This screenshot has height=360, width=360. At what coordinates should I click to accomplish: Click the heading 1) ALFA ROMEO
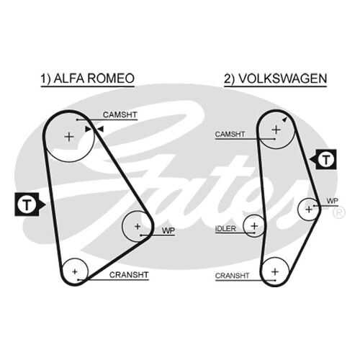(x=87, y=78)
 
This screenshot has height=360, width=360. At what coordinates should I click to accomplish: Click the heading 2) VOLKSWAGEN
(x=276, y=78)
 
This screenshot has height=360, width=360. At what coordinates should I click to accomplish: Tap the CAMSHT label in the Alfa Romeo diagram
(x=120, y=114)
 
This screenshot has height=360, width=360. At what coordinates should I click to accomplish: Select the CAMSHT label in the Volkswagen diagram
(x=230, y=134)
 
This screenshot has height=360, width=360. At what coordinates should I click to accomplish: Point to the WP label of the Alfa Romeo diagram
(x=168, y=230)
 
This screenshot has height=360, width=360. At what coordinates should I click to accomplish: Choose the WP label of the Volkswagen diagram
(x=333, y=201)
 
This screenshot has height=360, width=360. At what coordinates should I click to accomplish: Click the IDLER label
(x=225, y=228)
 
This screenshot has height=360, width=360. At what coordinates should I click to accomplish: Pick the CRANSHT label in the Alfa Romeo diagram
(x=129, y=275)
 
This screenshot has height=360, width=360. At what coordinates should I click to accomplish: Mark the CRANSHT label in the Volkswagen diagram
(x=232, y=276)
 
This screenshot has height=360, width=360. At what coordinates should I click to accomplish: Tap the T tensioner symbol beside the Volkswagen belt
(x=323, y=159)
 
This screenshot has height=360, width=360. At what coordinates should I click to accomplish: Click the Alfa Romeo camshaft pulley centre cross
(x=69, y=137)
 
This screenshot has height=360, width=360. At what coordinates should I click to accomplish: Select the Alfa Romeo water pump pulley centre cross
(x=138, y=226)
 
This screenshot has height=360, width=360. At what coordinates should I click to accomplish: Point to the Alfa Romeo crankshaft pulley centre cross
(x=75, y=271)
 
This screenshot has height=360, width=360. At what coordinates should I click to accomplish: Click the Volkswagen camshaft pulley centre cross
(x=276, y=130)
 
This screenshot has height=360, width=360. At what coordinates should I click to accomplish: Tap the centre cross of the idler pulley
(x=254, y=226)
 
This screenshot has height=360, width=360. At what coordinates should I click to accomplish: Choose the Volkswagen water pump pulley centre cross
(x=309, y=210)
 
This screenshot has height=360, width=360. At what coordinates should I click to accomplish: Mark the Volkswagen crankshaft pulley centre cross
(x=275, y=271)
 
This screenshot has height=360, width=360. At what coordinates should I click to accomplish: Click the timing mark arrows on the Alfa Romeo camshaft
(x=94, y=129)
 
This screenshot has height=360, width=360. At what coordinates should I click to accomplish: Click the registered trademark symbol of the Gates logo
(x=339, y=212)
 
